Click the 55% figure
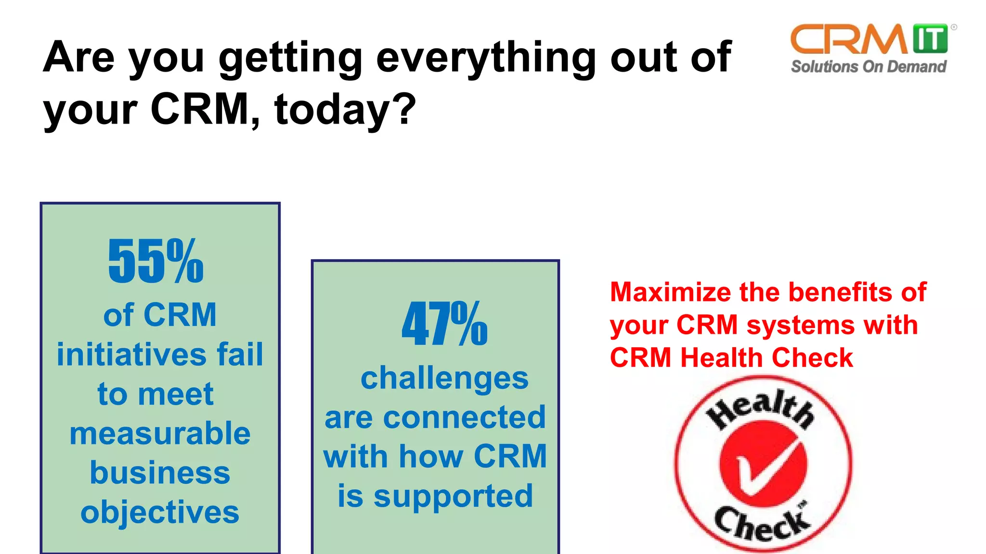156,261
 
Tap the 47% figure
444,324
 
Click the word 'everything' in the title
486,58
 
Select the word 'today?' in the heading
345,110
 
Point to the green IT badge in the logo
930,38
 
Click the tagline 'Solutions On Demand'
869,66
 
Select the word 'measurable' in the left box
160,433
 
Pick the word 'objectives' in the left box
160,512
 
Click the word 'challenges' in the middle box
444,378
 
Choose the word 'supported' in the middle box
453,496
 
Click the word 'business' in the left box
160,473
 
